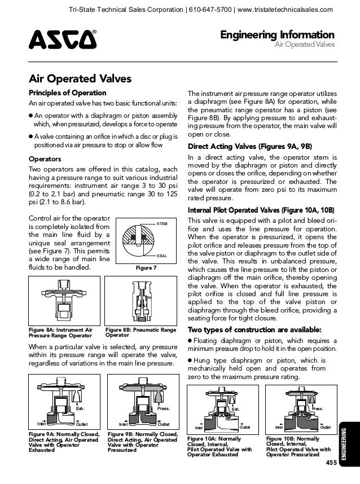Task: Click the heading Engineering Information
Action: coord(280,36)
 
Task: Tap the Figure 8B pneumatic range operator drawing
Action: coord(140,301)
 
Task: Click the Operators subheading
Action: coord(45,159)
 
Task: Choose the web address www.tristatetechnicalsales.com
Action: coord(285,8)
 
